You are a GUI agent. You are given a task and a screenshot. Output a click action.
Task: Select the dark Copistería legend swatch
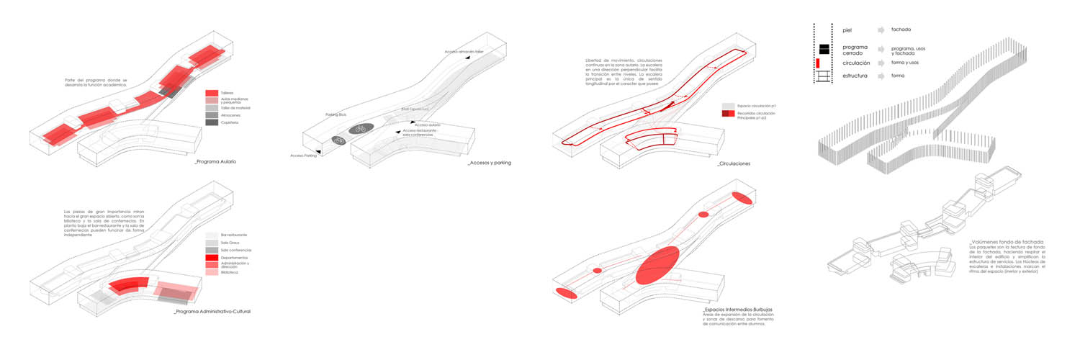click(211, 122)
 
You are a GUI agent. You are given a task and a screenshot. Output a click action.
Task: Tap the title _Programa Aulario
click(215, 161)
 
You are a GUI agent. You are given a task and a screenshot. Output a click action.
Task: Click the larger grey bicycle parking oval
click(361, 129)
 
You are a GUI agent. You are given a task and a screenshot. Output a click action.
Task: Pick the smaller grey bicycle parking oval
click(338, 140)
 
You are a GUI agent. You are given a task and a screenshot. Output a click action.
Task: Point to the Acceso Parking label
click(302, 156)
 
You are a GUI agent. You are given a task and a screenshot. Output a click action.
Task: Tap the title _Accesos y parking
click(489, 163)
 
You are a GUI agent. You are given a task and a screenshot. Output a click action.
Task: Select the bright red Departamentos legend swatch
click(211, 257)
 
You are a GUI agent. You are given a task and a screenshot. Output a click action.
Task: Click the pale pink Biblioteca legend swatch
click(211, 273)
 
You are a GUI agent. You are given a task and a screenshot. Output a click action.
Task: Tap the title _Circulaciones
click(734, 164)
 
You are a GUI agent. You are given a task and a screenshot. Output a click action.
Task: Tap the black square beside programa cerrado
click(824, 50)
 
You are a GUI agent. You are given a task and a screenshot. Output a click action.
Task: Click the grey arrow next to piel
click(881, 30)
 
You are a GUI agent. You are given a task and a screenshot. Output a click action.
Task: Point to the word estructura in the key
click(857, 75)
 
